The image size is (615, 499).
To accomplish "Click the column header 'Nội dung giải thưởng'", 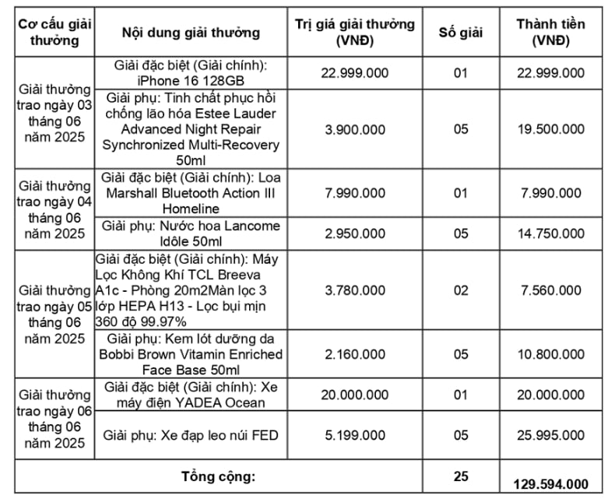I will (191, 32).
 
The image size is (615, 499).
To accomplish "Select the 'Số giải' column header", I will (461, 32).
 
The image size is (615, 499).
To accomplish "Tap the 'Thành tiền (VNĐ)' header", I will (551, 32).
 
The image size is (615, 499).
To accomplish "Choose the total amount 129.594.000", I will (551, 483).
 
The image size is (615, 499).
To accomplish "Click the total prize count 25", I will (461, 475).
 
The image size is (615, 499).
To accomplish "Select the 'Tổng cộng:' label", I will (218, 476).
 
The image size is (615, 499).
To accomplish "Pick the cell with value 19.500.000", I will (551, 128).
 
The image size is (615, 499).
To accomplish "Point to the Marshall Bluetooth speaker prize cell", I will (191, 192).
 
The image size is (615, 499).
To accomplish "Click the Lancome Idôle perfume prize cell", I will (191, 234).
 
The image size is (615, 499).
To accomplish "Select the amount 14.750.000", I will (551, 234).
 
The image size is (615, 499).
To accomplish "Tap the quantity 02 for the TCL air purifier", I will (461, 290).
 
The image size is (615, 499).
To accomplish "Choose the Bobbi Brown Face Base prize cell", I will (191, 354).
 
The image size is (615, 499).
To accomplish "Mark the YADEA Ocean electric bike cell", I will (191, 395).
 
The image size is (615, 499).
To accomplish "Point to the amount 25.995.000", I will (551, 434).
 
